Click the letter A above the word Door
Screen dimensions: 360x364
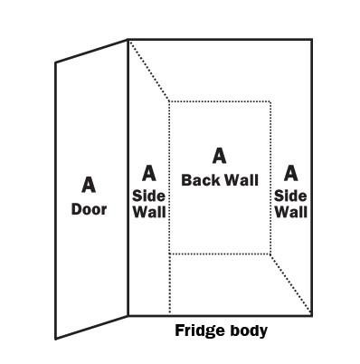click(89, 185)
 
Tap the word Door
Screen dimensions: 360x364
click(89, 209)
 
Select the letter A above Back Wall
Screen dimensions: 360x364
click(219, 157)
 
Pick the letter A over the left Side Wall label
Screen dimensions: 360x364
click(148, 173)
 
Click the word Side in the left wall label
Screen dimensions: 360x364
click(148, 195)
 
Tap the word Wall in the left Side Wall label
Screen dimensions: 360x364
click(148, 213)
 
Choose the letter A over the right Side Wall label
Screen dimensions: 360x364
click(291, 173)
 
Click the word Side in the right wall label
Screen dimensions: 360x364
click(291, 195)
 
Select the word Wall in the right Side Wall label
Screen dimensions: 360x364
click(291, 213)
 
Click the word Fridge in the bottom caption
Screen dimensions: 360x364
click(198, 330)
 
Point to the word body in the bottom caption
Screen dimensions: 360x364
click(248, 330)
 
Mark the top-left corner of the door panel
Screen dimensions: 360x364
click(56, 62)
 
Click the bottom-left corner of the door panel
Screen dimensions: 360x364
click(56, 338)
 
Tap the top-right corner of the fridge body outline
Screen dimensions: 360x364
click(312, 40)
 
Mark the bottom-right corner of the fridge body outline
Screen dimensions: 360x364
click(312, 314)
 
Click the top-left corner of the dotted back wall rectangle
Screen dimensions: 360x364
click(169, 101)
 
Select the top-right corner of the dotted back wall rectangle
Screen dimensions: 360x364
click(270, 101)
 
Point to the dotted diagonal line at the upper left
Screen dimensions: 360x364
click(149, 71)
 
